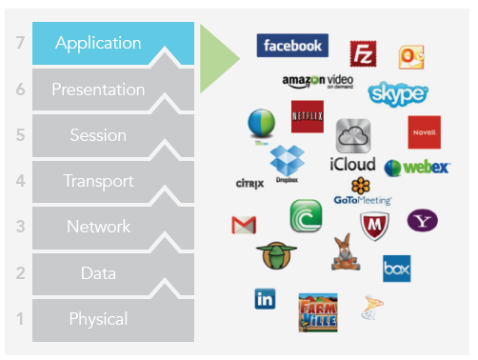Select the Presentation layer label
pyautogui.click(x=98, y=90)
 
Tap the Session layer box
pyautogui.click(x=98, y=135)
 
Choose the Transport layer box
pyautogui.click(x=98, y=181)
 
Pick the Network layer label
pyautogui.click(x=98, y=227)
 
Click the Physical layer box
pyautogui.click(x=98, y=319)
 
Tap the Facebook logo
pyautogui.click(x=292, y=45)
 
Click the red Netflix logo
pyautogui.click(x=308, y=116)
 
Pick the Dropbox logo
pyautogui.click(x=286, y=161)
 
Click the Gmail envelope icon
pyautogui.click(x=245, y=225)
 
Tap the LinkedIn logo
pyautogui.click(x=266, y=299)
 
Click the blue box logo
pyautogui.click(x=396, y=269)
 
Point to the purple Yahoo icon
pyautogui.click(x=422, y=221)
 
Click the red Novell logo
pyautogui.click(x=424, y=132)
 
